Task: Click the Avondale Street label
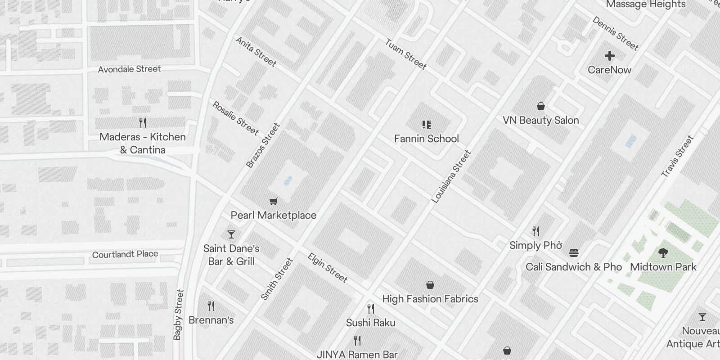129,69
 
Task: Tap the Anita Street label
256,52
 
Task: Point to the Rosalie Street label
235,118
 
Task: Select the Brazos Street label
263,145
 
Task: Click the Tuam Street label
405,54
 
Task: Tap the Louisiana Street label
451,176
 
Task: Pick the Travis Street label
677,156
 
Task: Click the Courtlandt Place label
125,254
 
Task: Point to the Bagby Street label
178,314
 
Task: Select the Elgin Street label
328,268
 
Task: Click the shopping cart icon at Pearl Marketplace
273,202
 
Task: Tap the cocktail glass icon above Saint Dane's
231,234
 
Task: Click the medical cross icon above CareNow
610,56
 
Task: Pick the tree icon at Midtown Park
663,252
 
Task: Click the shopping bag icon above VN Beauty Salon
541,106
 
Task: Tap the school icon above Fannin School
427,125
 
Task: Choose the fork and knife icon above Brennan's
211,306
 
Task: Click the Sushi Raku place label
371,323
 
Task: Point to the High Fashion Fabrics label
430,299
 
